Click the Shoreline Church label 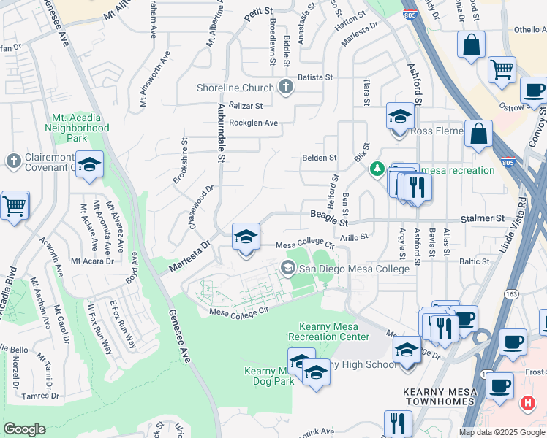pos(235,88)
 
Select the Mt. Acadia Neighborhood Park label pos(80,128)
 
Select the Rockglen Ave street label pos(254,123)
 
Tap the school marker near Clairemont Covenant pos(89,166)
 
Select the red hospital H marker pos(527,402)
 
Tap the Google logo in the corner pos(24,429)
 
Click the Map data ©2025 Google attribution pos(502,432)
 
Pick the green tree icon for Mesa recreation pos(377,169)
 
